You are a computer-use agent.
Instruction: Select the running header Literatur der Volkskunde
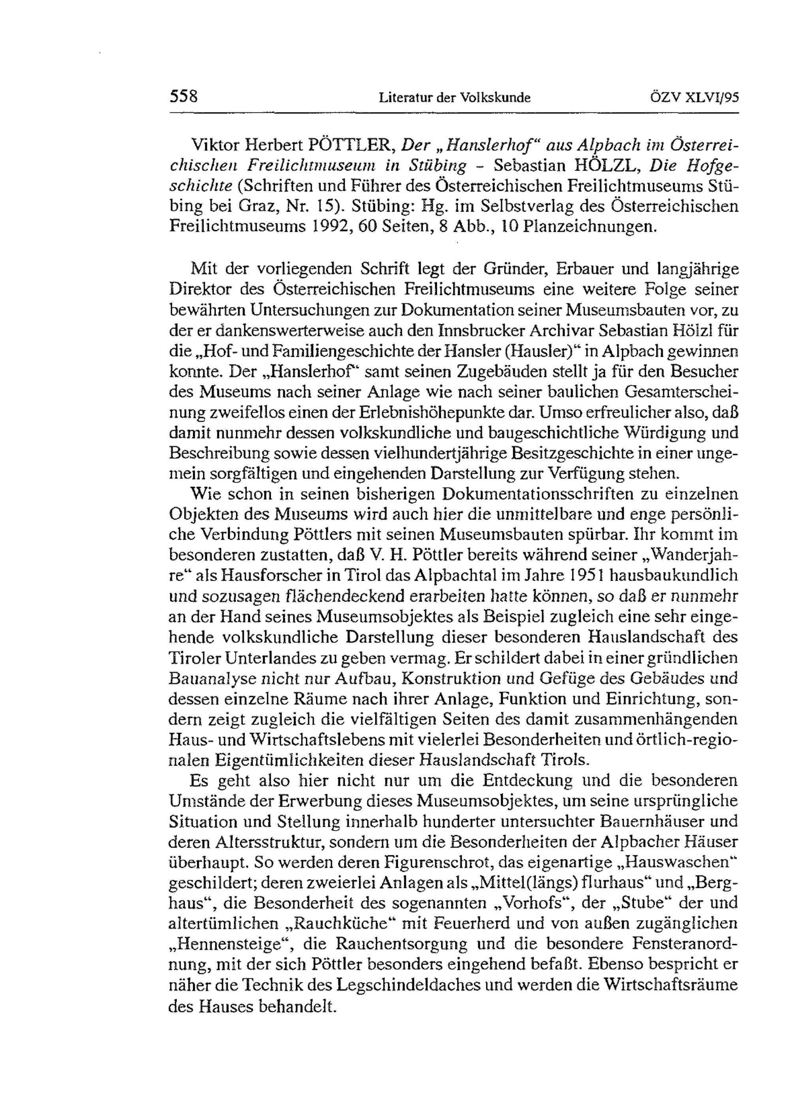[x=454, y=98]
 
